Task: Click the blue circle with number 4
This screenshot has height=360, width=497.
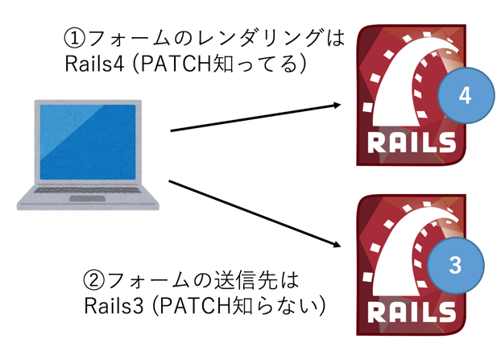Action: click(x=466, y=95)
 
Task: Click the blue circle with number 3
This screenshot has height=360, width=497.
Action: click(x=455, y=266)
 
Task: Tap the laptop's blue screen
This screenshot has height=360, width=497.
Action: click(x=88, y=142)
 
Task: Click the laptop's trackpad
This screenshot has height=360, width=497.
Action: click(x=88, y=199)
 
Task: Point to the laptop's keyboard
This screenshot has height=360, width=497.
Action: click(x=88, y=190)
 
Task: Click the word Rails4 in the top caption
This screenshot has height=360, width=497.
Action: click(x=94, y=64)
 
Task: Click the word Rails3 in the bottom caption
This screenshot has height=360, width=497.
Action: click(x=114, y=305)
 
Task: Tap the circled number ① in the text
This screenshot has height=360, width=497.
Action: click(x=75, y=38)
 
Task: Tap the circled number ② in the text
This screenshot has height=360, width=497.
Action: click(x=94, y=279)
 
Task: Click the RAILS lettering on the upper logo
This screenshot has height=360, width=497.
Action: click(x=412, y=143)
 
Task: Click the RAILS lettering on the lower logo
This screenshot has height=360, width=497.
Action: click(x=412, y=312)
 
